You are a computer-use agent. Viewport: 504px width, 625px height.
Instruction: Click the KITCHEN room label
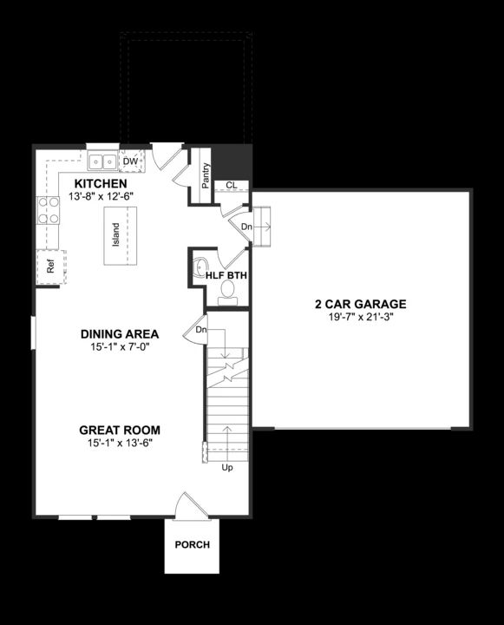pyautogui.click(x=101, y=184)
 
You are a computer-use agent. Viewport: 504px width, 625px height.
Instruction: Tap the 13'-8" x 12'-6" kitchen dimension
pyautogui.click(x=101, y=197)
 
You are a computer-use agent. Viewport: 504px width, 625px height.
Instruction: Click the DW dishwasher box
pyautogui.click(x=131, y=161)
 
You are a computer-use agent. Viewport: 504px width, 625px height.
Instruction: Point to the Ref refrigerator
pyautogui.click(x=50, y=267)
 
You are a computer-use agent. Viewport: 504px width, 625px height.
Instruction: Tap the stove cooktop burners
pyautogui.click(x=47, y=211)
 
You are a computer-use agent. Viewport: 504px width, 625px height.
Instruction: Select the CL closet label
pyautogui.click(x=231, y=185)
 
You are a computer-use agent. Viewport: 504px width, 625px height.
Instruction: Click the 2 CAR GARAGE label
pyautogui.click(x=360, y=304)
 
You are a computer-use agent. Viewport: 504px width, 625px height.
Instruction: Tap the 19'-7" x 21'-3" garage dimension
pyautogui.click(x=360, y=317)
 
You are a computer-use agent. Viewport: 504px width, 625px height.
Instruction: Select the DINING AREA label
pyautogui.click(x=120, y=333)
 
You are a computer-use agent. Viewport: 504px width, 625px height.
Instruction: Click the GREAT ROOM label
pyautogui.click(x=120, y=430)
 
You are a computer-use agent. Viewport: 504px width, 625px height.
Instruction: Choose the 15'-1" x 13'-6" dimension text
pyautogui.click(x=120, y=443)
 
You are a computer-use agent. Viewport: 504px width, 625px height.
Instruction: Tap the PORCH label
pyautogui.click(x=192, y=545)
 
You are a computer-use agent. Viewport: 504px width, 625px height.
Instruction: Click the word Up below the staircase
pyautogui.click(x=228, y=467)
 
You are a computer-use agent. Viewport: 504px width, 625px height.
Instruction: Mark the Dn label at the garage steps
pyautogui.click(x=246, y=227)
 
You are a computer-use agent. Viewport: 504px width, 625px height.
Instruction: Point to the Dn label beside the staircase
pyautogui.click(x=201, y=330)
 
